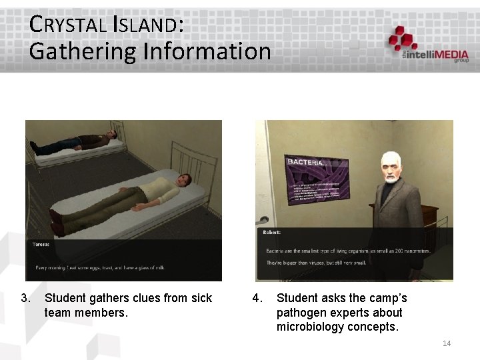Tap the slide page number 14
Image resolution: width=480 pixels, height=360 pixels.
tap(447, 343)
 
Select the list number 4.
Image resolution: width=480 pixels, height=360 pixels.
tap(257, 298)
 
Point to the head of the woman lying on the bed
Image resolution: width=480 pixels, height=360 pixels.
tap(183, 181)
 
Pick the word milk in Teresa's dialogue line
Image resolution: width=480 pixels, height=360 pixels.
tap(158, 268)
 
